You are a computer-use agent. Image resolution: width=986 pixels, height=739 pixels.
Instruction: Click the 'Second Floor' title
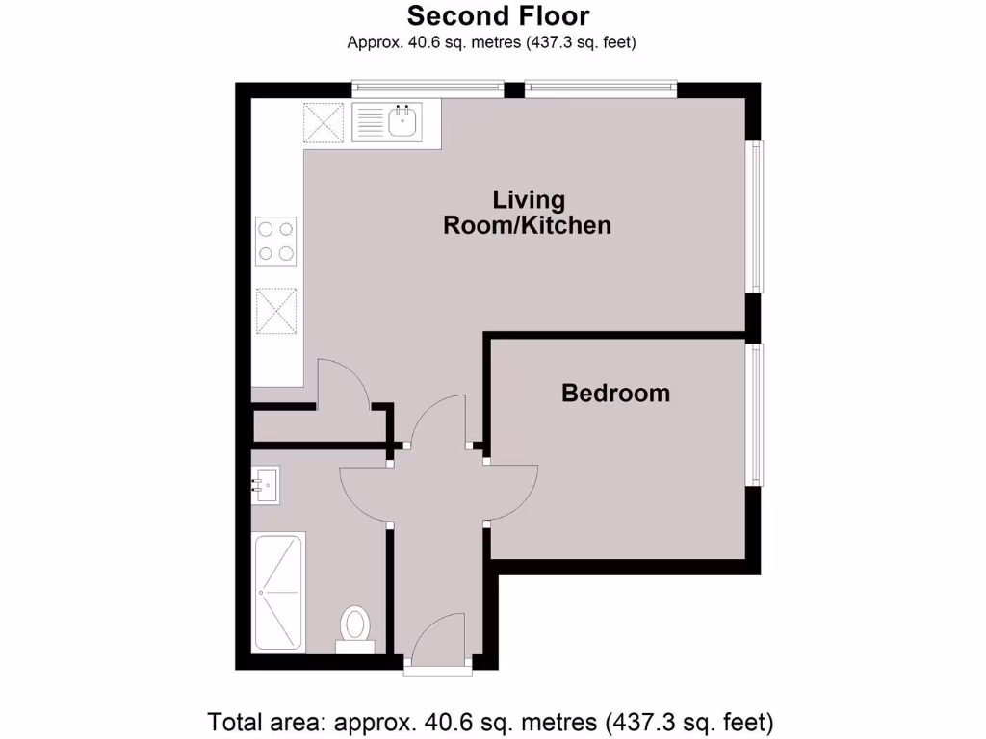click(x=498, y=16)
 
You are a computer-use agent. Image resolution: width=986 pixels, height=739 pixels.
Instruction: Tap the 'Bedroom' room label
click(x=615, y=393)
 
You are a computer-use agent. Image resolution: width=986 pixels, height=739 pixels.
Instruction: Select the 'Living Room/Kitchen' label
click(x=527, y=213)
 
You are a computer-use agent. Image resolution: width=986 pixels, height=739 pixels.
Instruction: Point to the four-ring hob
click(x=276, y=242)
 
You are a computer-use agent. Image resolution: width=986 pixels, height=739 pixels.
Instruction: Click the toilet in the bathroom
click(x=355, y=627)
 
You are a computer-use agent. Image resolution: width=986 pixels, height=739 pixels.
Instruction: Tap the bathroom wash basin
click(x=266, y=485)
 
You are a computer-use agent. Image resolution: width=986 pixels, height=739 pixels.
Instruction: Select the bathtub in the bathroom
click(x=278, y=592)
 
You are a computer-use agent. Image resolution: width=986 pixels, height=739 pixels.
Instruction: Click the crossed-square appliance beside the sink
click(x=324, y=123)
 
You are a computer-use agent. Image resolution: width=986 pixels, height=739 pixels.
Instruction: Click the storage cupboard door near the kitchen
click(x=343, y=383)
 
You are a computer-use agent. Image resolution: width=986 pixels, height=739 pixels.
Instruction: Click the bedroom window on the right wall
click(x=758, y=415)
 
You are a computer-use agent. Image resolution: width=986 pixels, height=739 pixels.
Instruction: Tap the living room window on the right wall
click(x=758, y=217)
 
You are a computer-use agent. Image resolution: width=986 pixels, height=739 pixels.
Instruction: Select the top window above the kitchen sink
click(x=428, y=89)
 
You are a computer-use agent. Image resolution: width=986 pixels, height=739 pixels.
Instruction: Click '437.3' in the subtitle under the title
click(x=548, y=42)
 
